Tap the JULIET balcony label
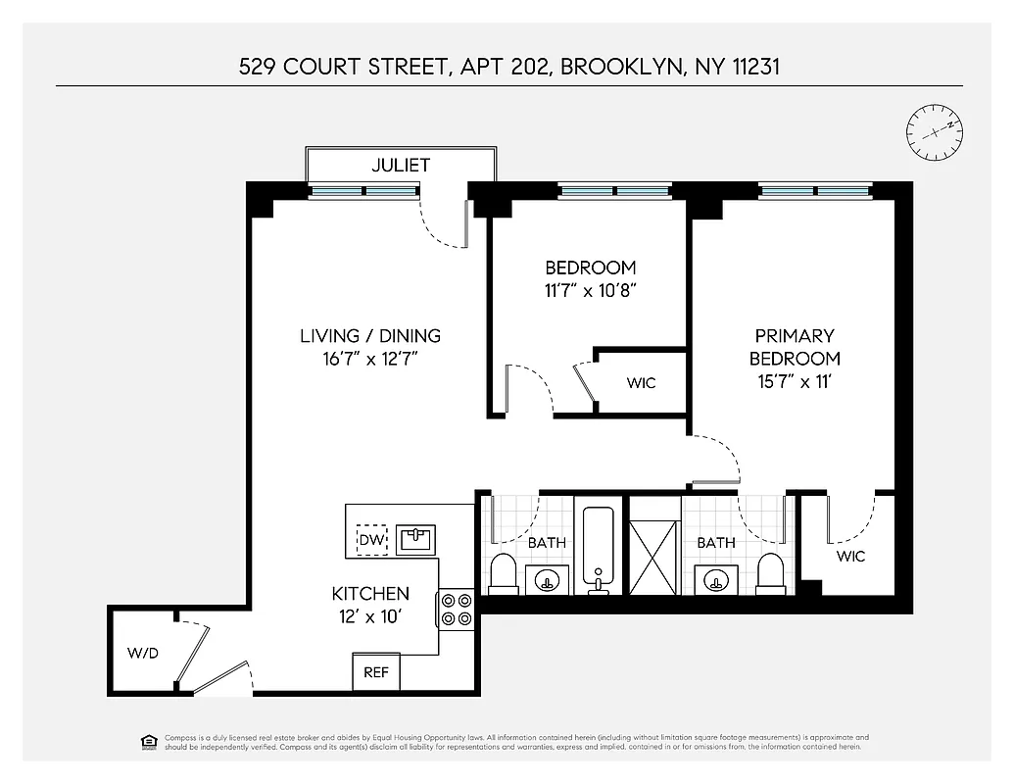(x=400, y=165)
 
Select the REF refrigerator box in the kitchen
(x=376, y=672)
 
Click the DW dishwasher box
(x=371, y=540)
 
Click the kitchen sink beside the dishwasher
(x=415, y=539)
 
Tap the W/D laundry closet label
(x=142, y=652)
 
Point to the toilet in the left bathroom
(x=504, y=574)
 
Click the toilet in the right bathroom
(x=772, y=574)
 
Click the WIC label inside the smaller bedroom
(x=642, y=382)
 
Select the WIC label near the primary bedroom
(x=850, y=557)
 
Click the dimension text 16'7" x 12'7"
(x=369, y=359)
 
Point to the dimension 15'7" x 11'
(x=795, y=381)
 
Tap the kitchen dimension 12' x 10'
(x=369, y=617)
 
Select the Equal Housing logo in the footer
(x=149, y=741)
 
